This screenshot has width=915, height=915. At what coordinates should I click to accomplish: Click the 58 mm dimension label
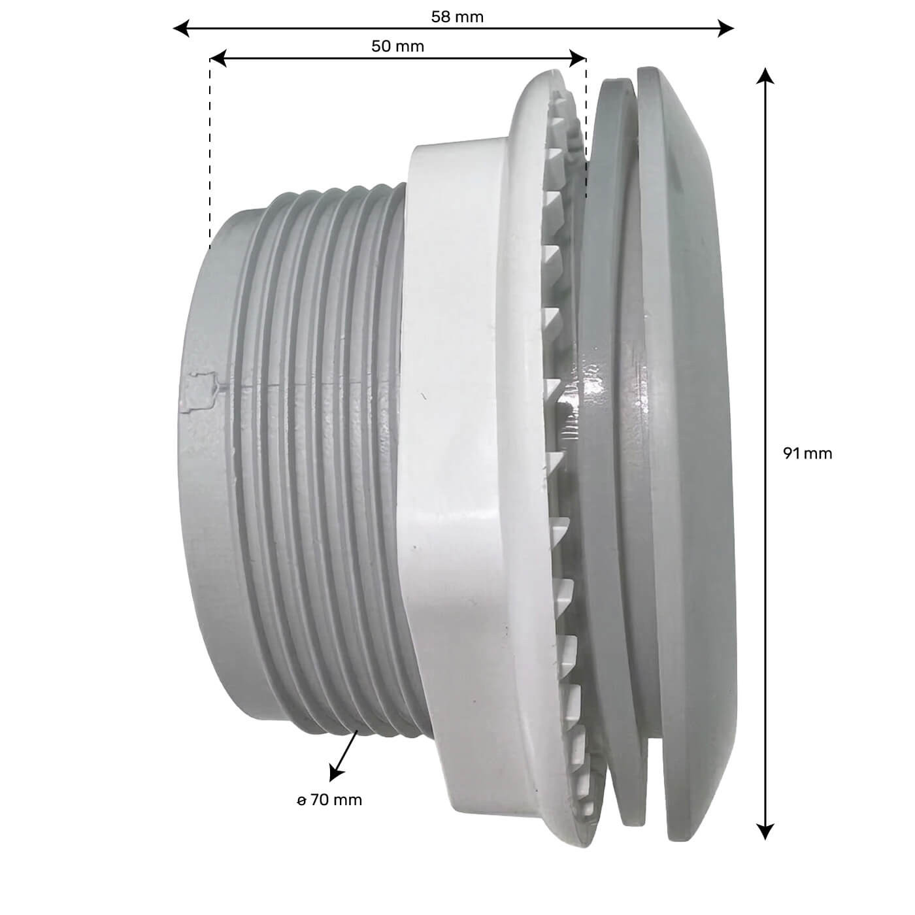point(457,17)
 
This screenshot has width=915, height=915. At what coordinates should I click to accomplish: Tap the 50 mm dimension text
point(397,46)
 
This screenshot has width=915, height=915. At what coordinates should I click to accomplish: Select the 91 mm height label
point(808,454)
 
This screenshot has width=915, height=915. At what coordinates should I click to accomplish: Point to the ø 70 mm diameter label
point(329,800)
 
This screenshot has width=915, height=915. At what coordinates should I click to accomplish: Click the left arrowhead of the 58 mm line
point(181,29)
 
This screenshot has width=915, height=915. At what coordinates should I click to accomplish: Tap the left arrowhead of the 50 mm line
point(218,58)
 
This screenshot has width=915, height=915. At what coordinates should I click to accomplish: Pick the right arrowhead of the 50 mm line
point(578,58)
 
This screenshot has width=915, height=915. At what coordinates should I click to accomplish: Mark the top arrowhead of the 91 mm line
point(765,76)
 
